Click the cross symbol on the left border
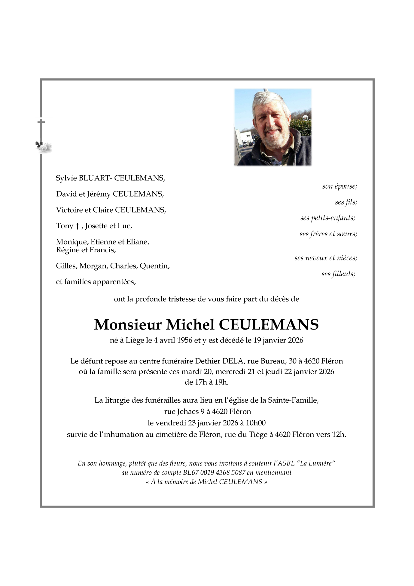(x=41, y=122)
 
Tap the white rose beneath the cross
(x=44, y=147)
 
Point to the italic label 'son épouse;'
(x=339, y=186)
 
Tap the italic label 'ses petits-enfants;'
(x=328, y=218)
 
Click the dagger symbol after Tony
(x=78, y=226)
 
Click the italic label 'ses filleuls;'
(x=338, y=274)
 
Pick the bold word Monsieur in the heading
(x=128, y=325)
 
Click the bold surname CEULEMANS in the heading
(x=269, y=325)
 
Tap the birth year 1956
(x=185, y=340)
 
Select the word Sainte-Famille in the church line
(x=293, y=400)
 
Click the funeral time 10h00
(x=256, y=423)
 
